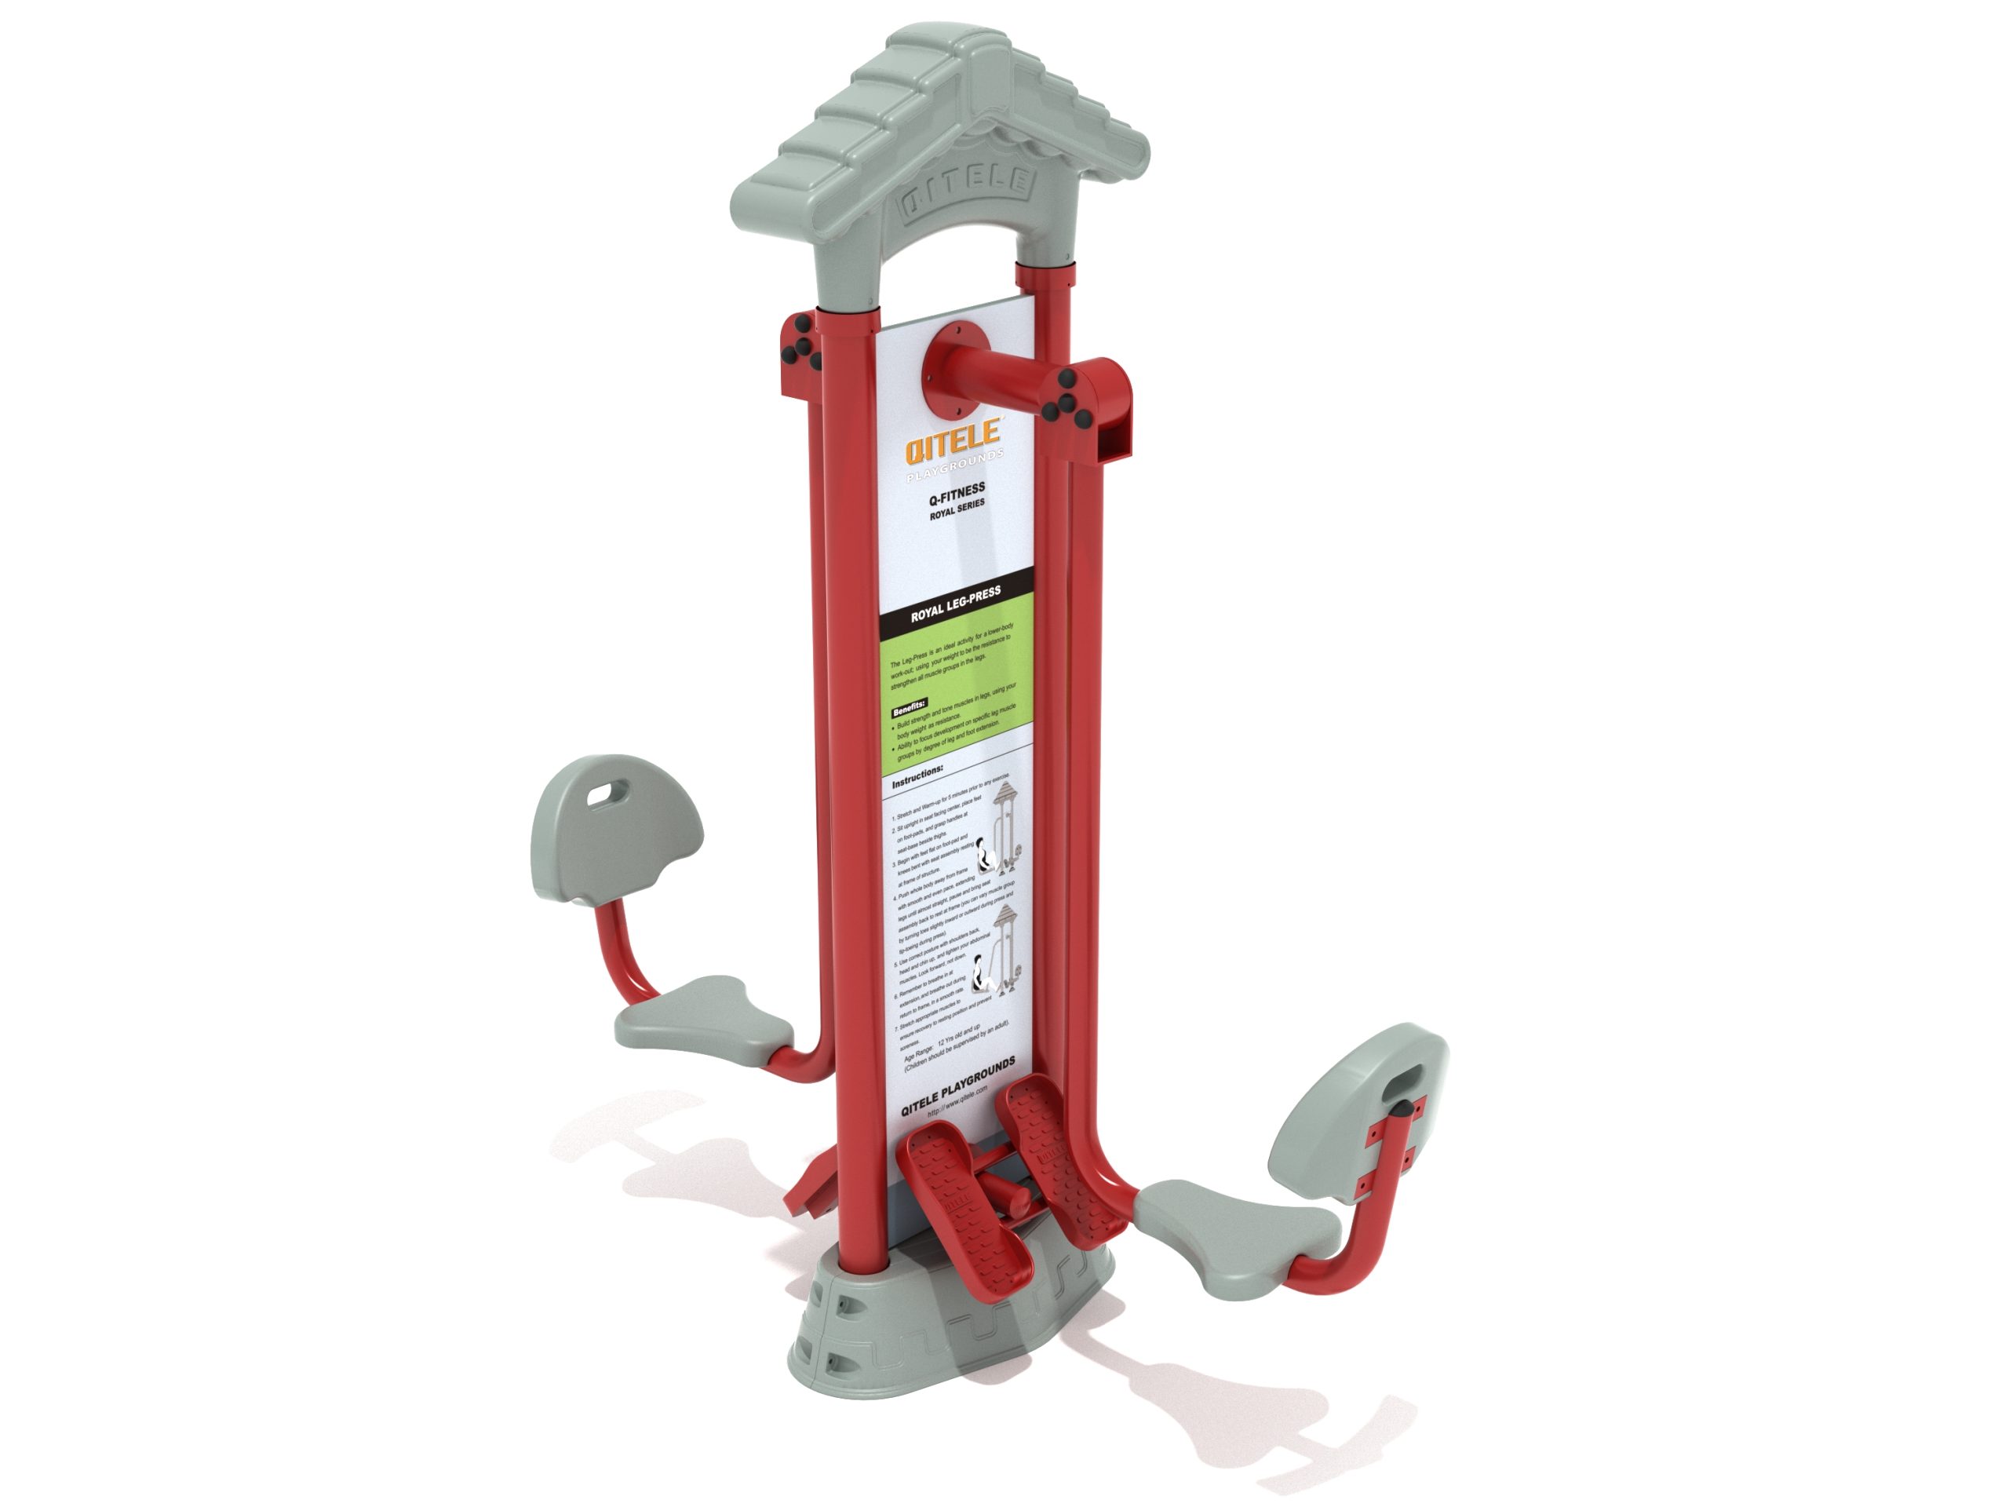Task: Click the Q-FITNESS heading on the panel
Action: pos(957,493)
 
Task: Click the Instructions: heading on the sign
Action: pos(917,777)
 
